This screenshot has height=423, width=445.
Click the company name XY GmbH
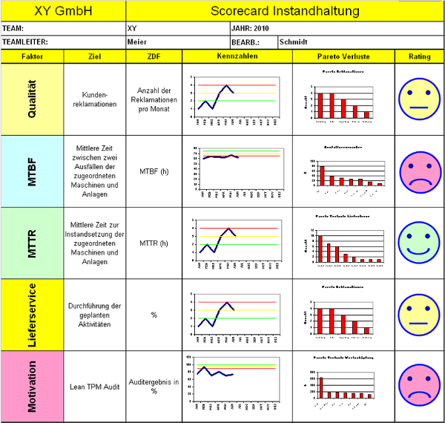(x=63, y=11)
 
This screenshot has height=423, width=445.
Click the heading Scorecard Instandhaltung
(x=285, y=11)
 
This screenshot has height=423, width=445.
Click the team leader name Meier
(x=137, y=42)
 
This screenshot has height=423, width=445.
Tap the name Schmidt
(x=292, y=42)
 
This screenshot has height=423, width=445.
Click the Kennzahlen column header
(x=237, y=56)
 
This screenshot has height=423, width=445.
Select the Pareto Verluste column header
(x=343, y=56)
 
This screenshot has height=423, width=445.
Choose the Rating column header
(x=419, y=56)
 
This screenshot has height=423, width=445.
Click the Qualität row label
(x=32, y=99)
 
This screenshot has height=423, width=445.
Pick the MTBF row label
(x=32, y=171)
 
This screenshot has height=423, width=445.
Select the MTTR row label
(x=32, y=243)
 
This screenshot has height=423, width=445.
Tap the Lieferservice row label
(x=32, y=315)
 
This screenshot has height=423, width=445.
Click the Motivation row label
(x=32, y=386)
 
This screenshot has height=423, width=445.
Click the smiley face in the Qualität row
(x=419, y=99)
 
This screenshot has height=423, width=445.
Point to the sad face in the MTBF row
(x=419, y=171)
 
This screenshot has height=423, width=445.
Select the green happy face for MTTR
(x=419, y=243)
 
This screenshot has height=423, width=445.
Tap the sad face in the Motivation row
(x=419, y=386)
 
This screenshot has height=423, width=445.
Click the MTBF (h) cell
(x=154, y=171)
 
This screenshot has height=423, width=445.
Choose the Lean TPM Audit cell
(x=93, y=386)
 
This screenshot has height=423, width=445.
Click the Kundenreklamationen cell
(x=93, y=99)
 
